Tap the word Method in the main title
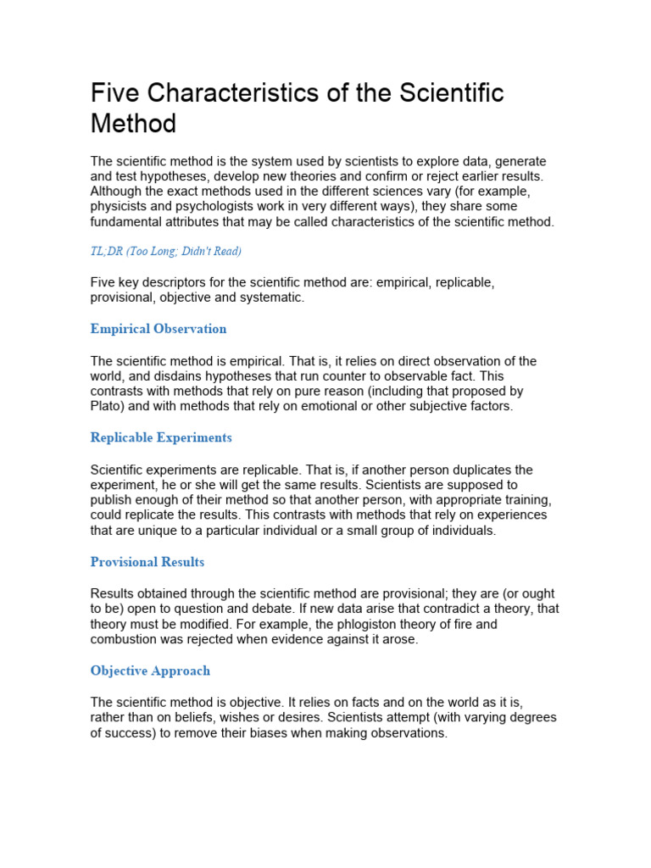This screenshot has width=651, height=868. coord(133,124)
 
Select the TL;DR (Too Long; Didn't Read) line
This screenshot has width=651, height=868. coord(166,251)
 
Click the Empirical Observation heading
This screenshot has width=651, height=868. coord(159,329)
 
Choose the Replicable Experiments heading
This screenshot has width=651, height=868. coord(161,437)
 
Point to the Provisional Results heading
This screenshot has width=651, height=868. coord(147,562)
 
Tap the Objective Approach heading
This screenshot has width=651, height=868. coord(150,670)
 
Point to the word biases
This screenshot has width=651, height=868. coord(311,733)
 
